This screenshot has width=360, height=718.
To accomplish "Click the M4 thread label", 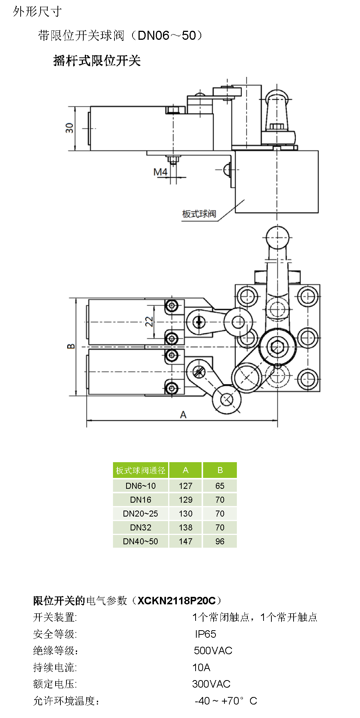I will [160, 172].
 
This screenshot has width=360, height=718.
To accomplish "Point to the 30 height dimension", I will [69, 128].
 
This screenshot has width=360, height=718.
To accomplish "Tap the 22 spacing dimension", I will [149, 321].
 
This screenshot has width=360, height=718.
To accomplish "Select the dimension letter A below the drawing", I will [183, 415].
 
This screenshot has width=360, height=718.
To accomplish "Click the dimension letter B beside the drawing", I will [71, 346].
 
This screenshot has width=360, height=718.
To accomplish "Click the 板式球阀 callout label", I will [199, 214].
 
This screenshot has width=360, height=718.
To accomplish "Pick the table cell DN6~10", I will [140, 486].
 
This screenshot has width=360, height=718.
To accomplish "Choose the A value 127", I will [185, 486].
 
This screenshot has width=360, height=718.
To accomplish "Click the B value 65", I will [220, 486].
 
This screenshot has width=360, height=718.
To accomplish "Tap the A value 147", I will [185, 541].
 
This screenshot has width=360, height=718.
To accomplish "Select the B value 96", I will [220, 541].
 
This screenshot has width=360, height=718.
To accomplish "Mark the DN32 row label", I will [140, 527].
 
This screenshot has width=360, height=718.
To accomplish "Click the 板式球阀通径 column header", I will [140, 470].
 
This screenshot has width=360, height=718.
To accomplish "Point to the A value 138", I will [185, 527].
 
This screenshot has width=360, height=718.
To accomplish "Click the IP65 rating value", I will [205, 634].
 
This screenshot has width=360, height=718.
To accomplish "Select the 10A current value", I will [201, 667].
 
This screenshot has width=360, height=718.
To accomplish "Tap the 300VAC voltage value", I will [211, 684].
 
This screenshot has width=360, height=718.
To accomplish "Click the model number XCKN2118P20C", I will [176, 601].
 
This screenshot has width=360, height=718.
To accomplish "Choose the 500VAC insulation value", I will [213, 650].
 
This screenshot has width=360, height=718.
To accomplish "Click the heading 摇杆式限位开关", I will [97, 60].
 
